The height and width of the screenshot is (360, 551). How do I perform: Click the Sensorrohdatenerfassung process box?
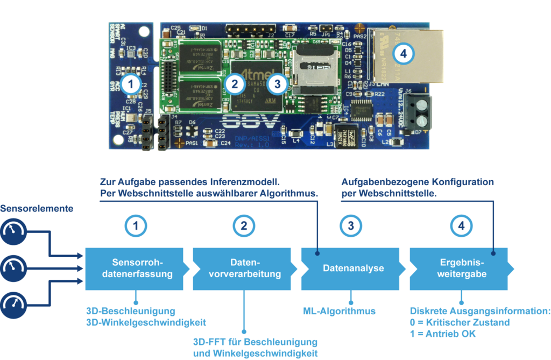(138, 268)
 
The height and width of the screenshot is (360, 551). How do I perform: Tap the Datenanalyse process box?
(352, 268)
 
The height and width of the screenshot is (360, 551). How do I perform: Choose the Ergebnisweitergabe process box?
(461, 268)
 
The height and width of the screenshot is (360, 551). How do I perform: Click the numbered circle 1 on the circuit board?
(131, 83)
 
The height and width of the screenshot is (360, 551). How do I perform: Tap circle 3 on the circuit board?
(277, 83)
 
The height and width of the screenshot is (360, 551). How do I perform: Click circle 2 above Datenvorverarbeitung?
(244, 227)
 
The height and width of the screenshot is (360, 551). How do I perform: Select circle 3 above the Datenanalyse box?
(351, 227)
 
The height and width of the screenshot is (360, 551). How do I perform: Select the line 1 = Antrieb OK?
(442, 334)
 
